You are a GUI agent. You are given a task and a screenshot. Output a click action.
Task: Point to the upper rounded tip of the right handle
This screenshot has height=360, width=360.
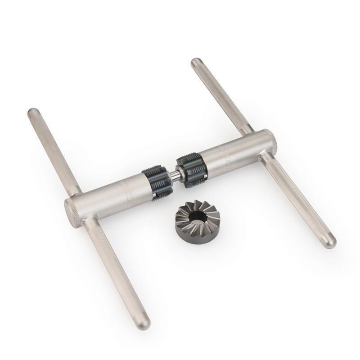[196, 63]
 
